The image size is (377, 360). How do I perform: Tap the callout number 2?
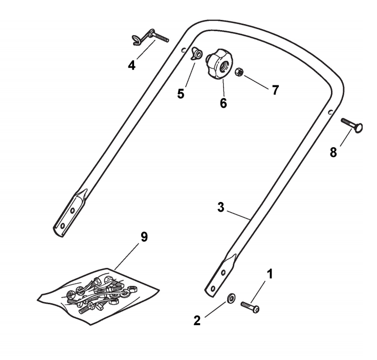(197, 321)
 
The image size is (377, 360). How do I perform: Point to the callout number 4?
(132, 65)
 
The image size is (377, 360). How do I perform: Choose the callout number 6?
(223, 102)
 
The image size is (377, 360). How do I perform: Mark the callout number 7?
(275, 90)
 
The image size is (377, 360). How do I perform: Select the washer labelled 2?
(231, 298)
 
